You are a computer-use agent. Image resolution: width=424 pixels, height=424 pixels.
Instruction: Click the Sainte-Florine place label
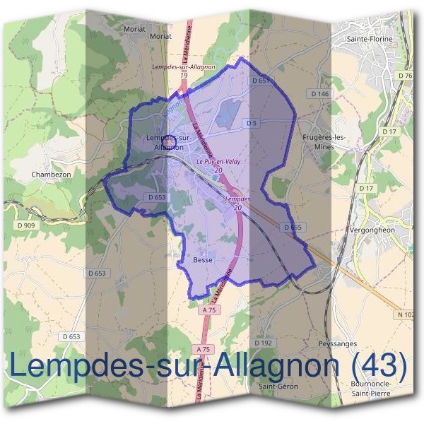pos(372,40)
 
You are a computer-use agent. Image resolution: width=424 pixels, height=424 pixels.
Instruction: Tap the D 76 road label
pos(405,76)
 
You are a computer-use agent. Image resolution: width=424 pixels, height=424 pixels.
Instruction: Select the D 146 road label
pos(319,93)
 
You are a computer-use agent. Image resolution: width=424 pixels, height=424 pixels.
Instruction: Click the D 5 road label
pos(250,123)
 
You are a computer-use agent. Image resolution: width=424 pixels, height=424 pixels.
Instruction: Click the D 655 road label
pos(291,228)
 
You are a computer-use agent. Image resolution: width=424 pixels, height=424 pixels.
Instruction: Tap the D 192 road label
pos(263,343)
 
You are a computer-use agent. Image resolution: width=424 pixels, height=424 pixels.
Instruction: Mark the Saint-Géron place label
pos(278,387)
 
